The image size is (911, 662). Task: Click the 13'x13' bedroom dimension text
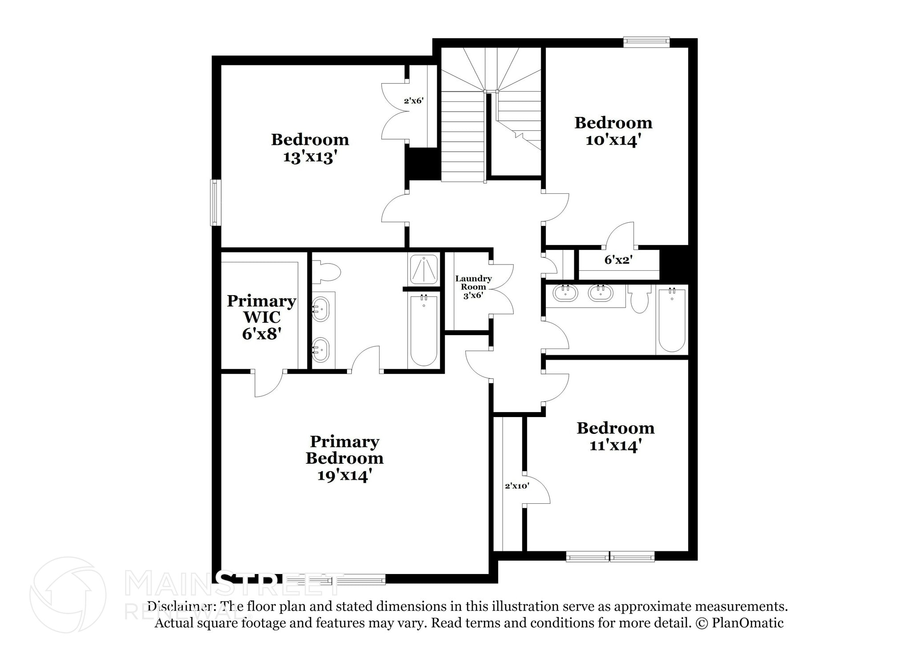pos(308,157)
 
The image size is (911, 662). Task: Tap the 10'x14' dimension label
pos(613,140)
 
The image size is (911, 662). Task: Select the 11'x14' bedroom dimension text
pos(615,445)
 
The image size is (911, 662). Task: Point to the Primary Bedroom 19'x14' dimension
pos(344,476)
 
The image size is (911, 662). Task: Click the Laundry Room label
pos(473,283)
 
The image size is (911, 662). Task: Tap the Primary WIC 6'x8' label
pos(261,317)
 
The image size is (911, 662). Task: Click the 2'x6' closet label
pos(413,101)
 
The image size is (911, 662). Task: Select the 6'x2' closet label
pos(618,260)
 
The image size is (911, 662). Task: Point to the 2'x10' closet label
pos(517,486)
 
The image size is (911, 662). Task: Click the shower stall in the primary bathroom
pos(423,269)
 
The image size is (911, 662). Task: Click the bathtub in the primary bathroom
pos(423,330)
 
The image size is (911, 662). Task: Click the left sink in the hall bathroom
pos(565,293)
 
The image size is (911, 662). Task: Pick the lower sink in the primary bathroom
pos(320,350)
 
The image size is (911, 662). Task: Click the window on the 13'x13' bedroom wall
pos(216,202)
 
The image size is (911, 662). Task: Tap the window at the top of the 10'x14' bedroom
pos(646,42)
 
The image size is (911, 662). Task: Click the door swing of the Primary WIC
pos(268,384)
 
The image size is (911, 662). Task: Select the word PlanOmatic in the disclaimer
pos(747,623)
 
